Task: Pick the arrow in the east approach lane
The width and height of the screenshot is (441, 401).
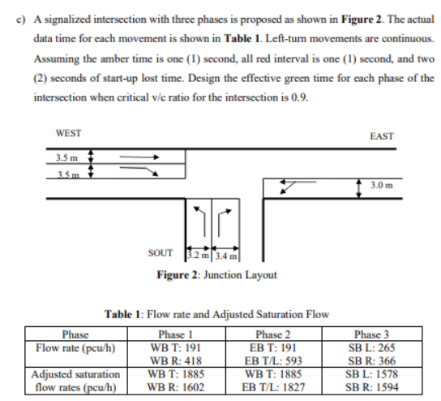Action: (293, 185)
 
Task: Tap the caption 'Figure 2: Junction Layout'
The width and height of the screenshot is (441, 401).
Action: (216, 274)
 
